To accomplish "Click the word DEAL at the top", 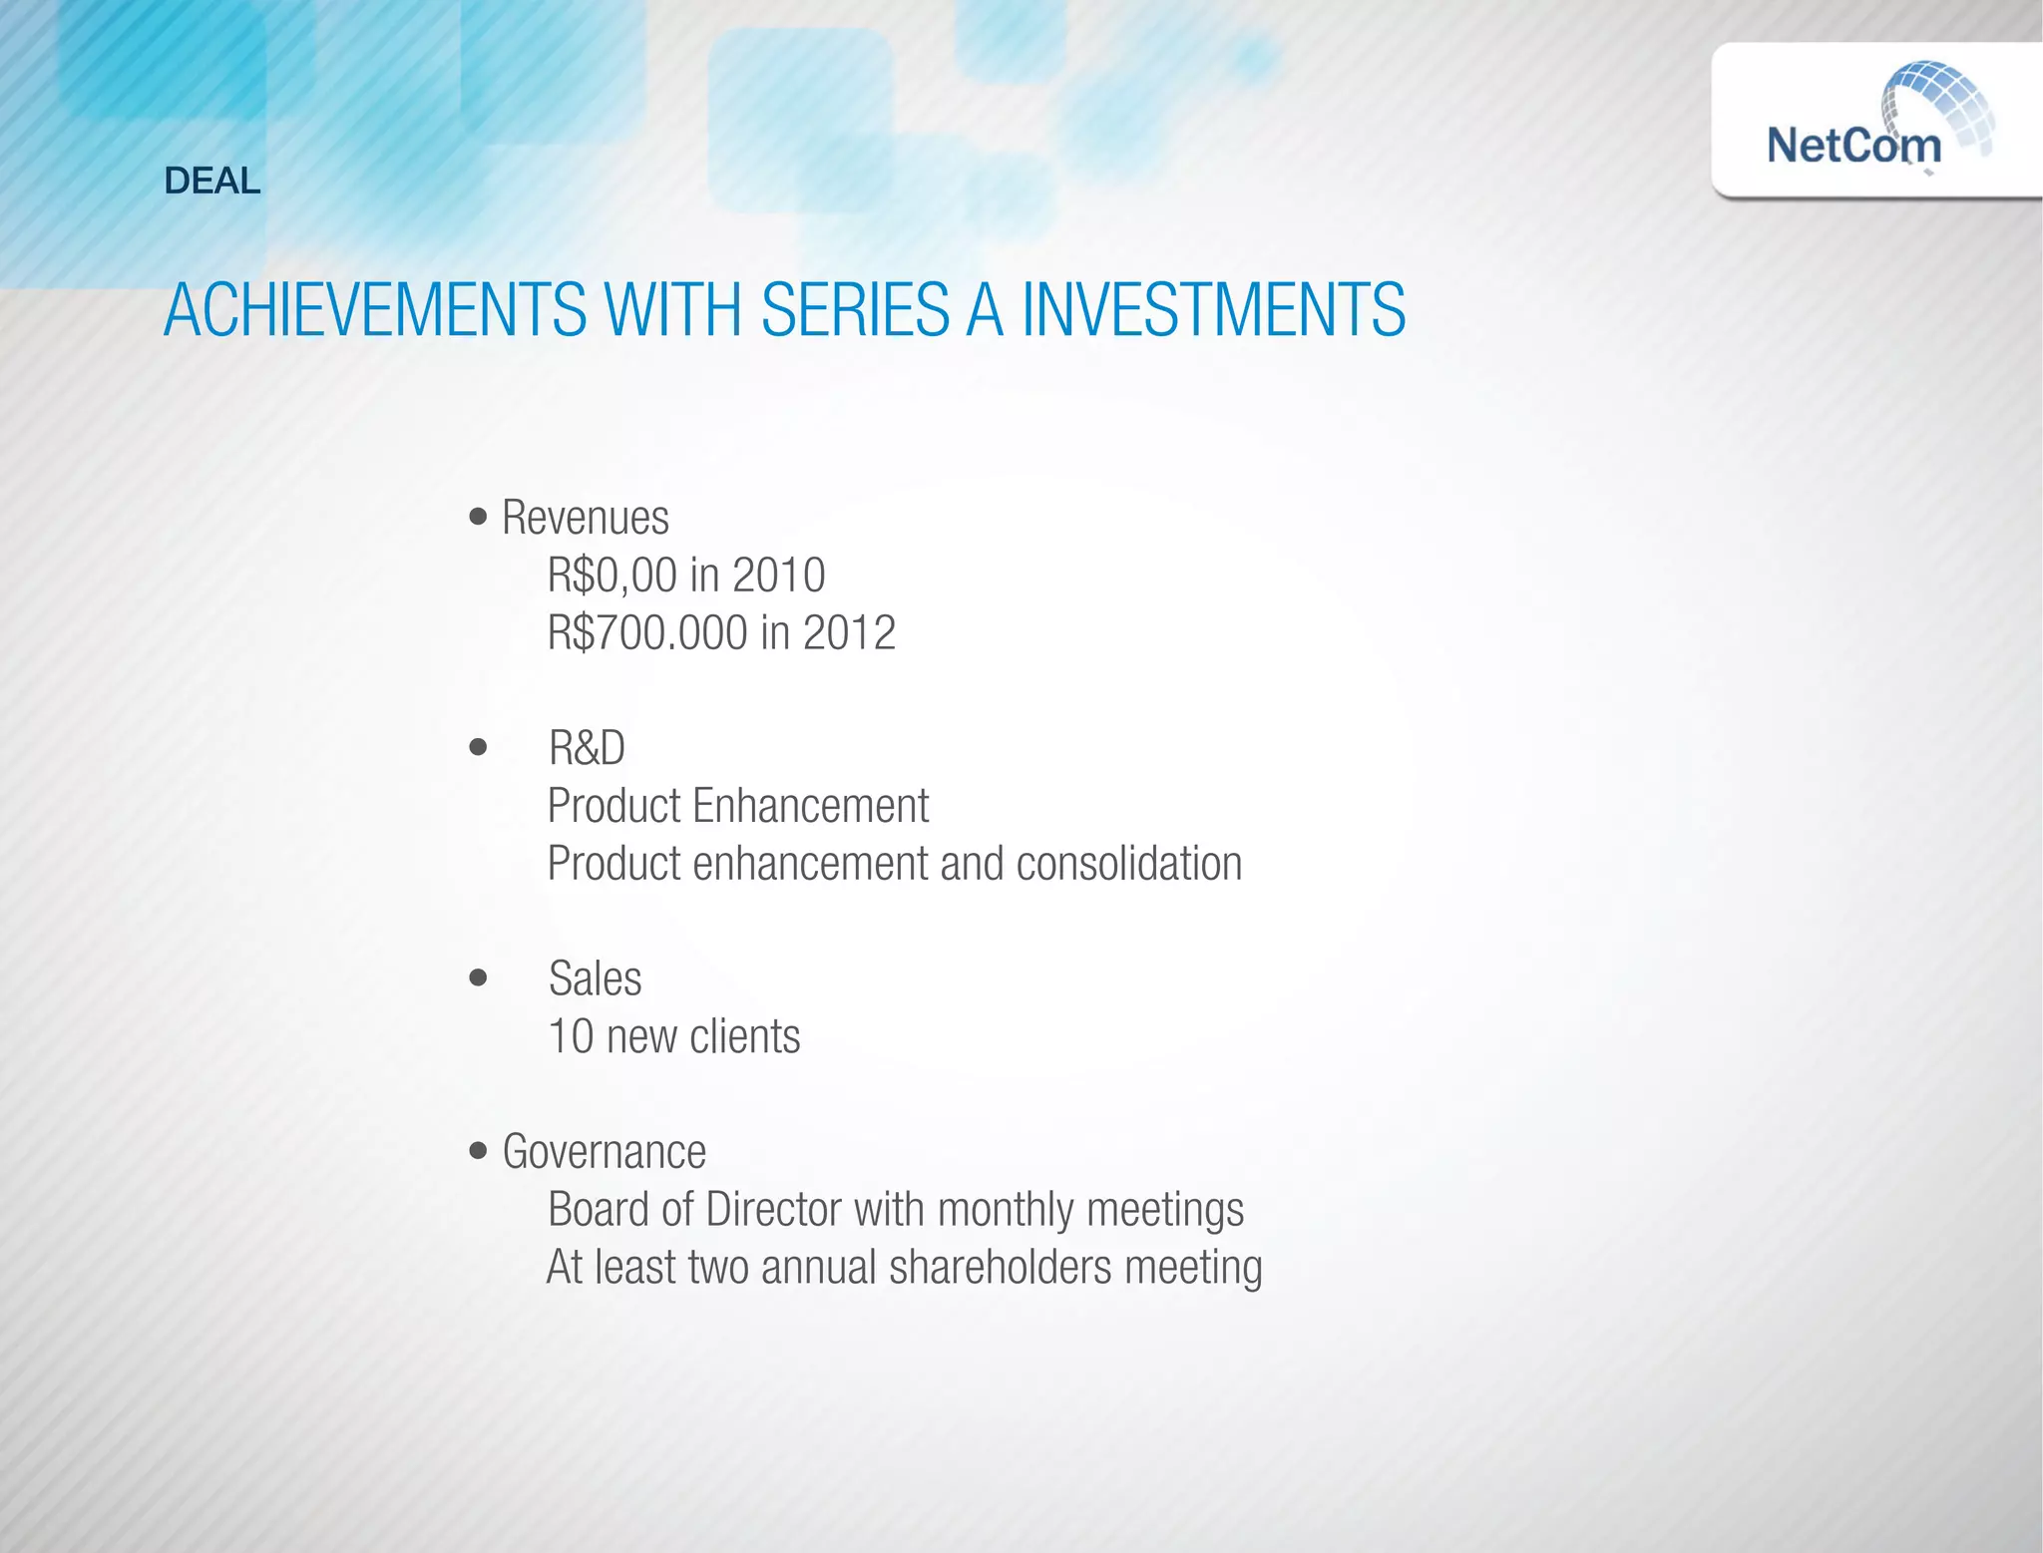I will [x=212, y=181].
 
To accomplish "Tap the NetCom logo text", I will [x=1853, y=146].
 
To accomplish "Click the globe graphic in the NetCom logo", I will [x=1939, y=105].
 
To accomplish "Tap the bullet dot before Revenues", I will [x=479, y=517].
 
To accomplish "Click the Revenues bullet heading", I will [x=586, y=518].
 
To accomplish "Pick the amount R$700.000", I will [x=647, y=633].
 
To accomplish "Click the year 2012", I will [x=849, y=633].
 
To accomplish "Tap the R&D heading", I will [x=587, y=748].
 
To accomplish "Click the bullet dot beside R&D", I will [x=479, y=747].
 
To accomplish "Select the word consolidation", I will [x=1129, y=864].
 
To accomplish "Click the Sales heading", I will [x=595, y=978].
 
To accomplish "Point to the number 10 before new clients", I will [x=571, y=1036].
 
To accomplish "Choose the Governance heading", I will [x=605, y=1152].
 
